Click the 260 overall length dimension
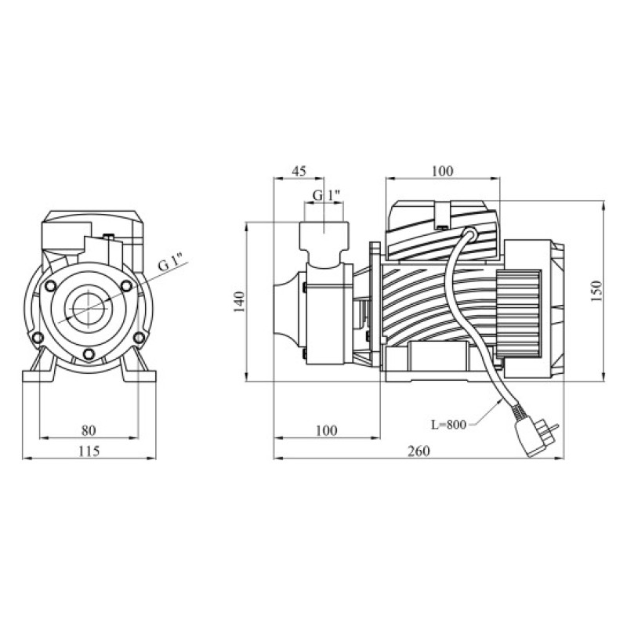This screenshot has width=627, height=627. tap(419, 451)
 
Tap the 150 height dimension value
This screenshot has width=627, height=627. tap(596, 291)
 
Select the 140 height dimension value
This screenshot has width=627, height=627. tap(239, 302)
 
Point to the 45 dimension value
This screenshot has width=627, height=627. tap(299, 171)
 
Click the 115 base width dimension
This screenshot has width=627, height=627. tap(89, 451)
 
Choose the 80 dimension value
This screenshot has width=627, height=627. tap(89, 430)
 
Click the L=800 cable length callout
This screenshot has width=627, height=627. tap(448, 424)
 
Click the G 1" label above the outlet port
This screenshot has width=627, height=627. tap(327, 195)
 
